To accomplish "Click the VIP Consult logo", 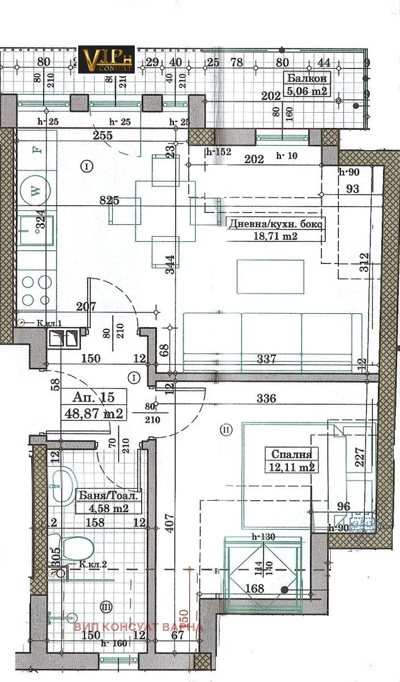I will point(106,59).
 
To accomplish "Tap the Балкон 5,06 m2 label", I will point(307,85).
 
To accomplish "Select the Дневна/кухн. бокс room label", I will point(274,229).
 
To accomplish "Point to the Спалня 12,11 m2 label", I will point(291,460).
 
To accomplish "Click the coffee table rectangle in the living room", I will point(270,276).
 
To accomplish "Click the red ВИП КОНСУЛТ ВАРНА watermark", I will point(138,627).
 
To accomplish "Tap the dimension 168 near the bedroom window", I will point(255,589).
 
